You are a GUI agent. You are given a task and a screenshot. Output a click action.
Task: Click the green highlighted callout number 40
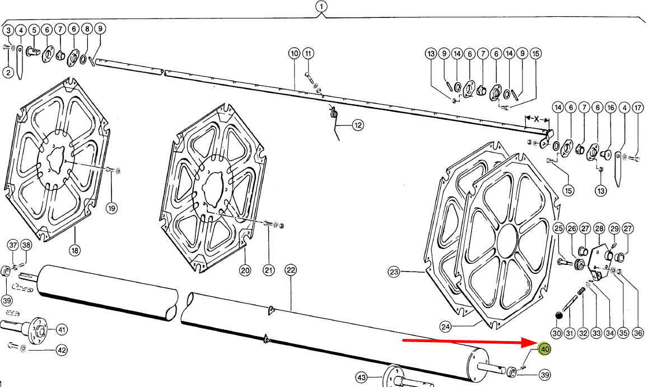tap(545, 349)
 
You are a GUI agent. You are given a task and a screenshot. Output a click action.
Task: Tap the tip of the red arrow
tap(536, 342)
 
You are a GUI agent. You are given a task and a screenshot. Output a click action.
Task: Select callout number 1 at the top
tap(321, 7)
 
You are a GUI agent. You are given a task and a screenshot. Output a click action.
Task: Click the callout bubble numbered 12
tap(357, 125)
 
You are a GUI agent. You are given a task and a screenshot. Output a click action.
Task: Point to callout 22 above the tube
tap(291, 270)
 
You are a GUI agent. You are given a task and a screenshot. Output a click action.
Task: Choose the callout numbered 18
tap(75, 250)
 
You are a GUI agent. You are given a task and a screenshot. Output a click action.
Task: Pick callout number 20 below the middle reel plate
tap(245, 271)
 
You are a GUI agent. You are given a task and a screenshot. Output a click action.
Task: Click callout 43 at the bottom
tap(362, 377)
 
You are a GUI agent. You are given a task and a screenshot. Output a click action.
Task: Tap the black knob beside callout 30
tap(558, 316)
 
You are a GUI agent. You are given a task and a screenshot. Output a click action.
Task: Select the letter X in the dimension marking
tap(537, 119)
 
